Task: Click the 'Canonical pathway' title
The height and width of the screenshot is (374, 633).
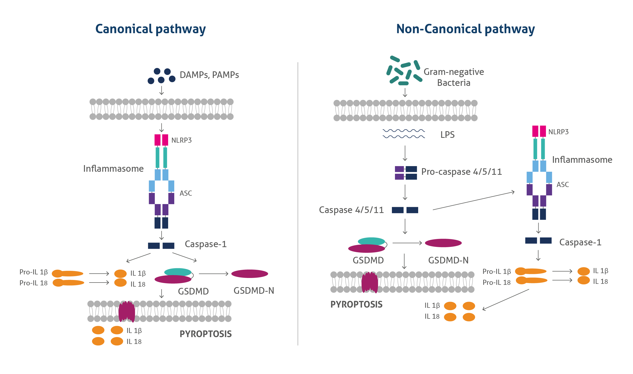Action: (151, 29)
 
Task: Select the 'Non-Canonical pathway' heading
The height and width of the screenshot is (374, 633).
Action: (466, 29)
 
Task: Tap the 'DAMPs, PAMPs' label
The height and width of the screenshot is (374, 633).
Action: (209, 75)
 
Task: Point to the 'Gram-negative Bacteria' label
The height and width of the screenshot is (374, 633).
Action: (454, 77)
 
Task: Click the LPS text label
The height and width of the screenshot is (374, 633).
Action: (448, 135)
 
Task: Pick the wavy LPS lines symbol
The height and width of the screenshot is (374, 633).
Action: (404, 134)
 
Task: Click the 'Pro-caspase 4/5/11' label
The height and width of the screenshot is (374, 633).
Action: (462, 172)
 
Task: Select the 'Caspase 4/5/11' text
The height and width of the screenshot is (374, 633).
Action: (351, 210)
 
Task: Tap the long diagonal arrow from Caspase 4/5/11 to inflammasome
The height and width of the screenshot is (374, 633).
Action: (474, 201)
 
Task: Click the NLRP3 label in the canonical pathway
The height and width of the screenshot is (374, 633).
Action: (181, 140)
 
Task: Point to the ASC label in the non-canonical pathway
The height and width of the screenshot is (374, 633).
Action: (563, 184)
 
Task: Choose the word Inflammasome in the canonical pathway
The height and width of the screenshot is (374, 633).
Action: (113, 169)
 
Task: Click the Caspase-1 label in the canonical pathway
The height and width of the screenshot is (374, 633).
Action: (206, 244)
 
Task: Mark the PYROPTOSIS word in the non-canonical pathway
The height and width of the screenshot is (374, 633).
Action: (356, 304)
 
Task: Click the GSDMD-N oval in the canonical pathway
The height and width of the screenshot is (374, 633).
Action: (250, 274)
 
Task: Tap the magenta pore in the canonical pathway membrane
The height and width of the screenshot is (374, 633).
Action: (127, 311)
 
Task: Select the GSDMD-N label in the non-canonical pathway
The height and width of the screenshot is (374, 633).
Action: (448, 260)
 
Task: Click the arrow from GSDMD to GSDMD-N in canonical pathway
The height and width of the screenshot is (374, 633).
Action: (214, 274)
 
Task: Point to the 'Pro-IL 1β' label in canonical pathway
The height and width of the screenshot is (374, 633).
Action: (34, 272)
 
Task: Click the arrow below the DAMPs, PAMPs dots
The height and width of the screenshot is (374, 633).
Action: (162, 90)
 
